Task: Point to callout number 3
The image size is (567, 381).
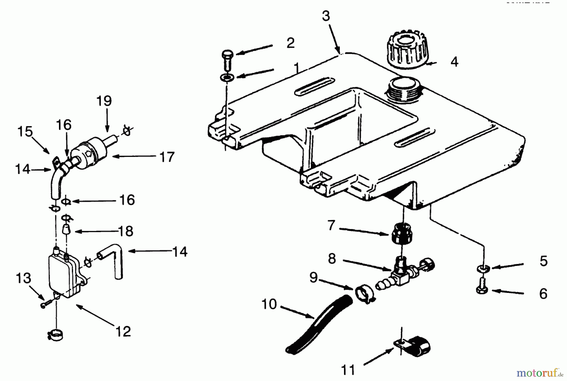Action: [326, 16]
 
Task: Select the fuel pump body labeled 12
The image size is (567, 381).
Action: [63, 275]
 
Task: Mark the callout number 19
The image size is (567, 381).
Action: [104, 101]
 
